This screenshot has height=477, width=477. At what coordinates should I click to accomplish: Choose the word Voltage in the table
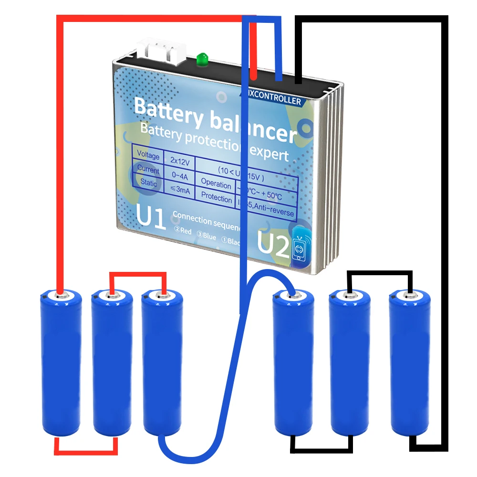(148, 156)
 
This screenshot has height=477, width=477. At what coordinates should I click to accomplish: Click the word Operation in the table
(216, 183)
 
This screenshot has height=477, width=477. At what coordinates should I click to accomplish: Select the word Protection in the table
(216, 197)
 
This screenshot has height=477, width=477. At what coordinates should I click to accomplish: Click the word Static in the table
(148, 182)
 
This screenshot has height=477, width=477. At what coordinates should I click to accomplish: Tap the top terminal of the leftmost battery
(60, 296)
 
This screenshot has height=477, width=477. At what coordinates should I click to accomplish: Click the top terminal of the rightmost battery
(409, 296)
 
